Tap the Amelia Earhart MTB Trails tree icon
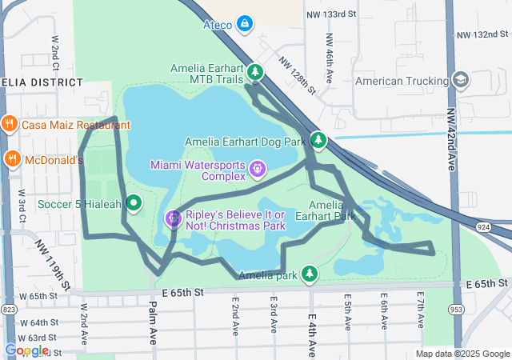pos(255,73)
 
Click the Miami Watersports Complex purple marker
pos(257,169)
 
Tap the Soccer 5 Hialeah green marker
pos(133,203)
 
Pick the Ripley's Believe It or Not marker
pos(173,218)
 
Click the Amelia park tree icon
pos(310,275)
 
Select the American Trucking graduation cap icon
pos(461,81)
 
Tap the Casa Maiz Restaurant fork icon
pos(10,125)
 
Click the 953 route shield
pos(457,309)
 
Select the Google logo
pos(26,350)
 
